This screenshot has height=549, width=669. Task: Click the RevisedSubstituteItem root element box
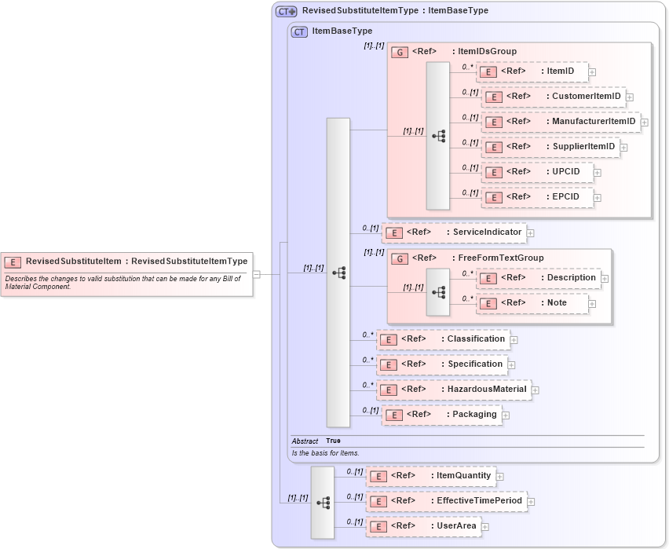tap(126, 262)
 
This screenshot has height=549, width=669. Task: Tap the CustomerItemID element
tap(553, 97)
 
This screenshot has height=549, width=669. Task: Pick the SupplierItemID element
tap(550, 147)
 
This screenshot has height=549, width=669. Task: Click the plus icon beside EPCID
tap(598, 198)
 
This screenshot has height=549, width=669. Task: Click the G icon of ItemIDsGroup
tap(400, 52)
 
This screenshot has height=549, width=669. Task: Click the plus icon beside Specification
tap(511, 364)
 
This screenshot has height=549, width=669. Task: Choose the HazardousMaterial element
tap(453, 389)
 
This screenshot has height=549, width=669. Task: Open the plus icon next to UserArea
tap(485, 526)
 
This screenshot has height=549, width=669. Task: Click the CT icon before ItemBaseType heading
tap(299, 32)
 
